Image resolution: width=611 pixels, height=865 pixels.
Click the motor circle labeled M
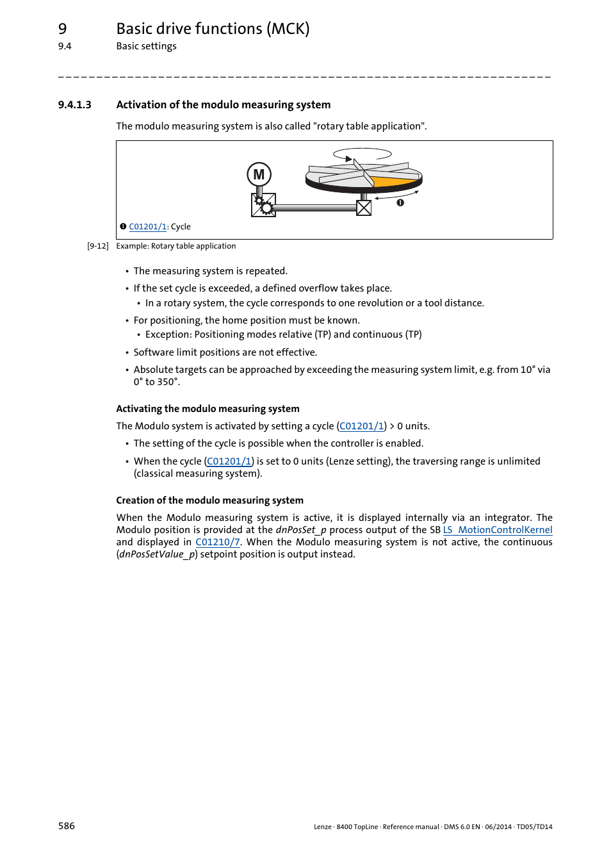tap(259, 174)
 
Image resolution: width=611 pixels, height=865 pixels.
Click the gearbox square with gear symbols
tap(263, 205)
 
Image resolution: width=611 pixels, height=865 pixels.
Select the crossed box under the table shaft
tap(364, 208)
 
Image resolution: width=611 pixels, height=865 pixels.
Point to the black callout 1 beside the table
tap(400, 202)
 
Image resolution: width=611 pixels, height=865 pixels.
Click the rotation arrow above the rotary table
tap(362, 154)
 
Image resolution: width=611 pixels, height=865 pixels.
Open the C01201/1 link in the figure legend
tap(147, 227)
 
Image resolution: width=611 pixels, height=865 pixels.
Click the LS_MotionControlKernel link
tap(498, 530)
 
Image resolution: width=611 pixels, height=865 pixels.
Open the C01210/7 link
tap(218, 542)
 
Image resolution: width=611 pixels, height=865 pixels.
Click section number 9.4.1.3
tap(74, 105)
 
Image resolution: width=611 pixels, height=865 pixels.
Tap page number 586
tap(67, 826)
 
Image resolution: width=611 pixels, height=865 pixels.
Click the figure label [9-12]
tap(98, 246)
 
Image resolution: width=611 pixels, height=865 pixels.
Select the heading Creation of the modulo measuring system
tap(209, 500)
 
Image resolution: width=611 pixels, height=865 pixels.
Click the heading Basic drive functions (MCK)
tap(213, 29)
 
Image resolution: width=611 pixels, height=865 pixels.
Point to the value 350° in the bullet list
tap(168, 382)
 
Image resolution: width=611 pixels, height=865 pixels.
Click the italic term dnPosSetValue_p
tap(157, 554)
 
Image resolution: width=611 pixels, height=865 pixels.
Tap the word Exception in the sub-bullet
tap(168, 334)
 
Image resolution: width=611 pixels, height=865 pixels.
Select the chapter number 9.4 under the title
tap(65, 46)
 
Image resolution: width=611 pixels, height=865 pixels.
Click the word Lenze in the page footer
tap(322, 827)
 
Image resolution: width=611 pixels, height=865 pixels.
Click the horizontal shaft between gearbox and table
tap(314, 208)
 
